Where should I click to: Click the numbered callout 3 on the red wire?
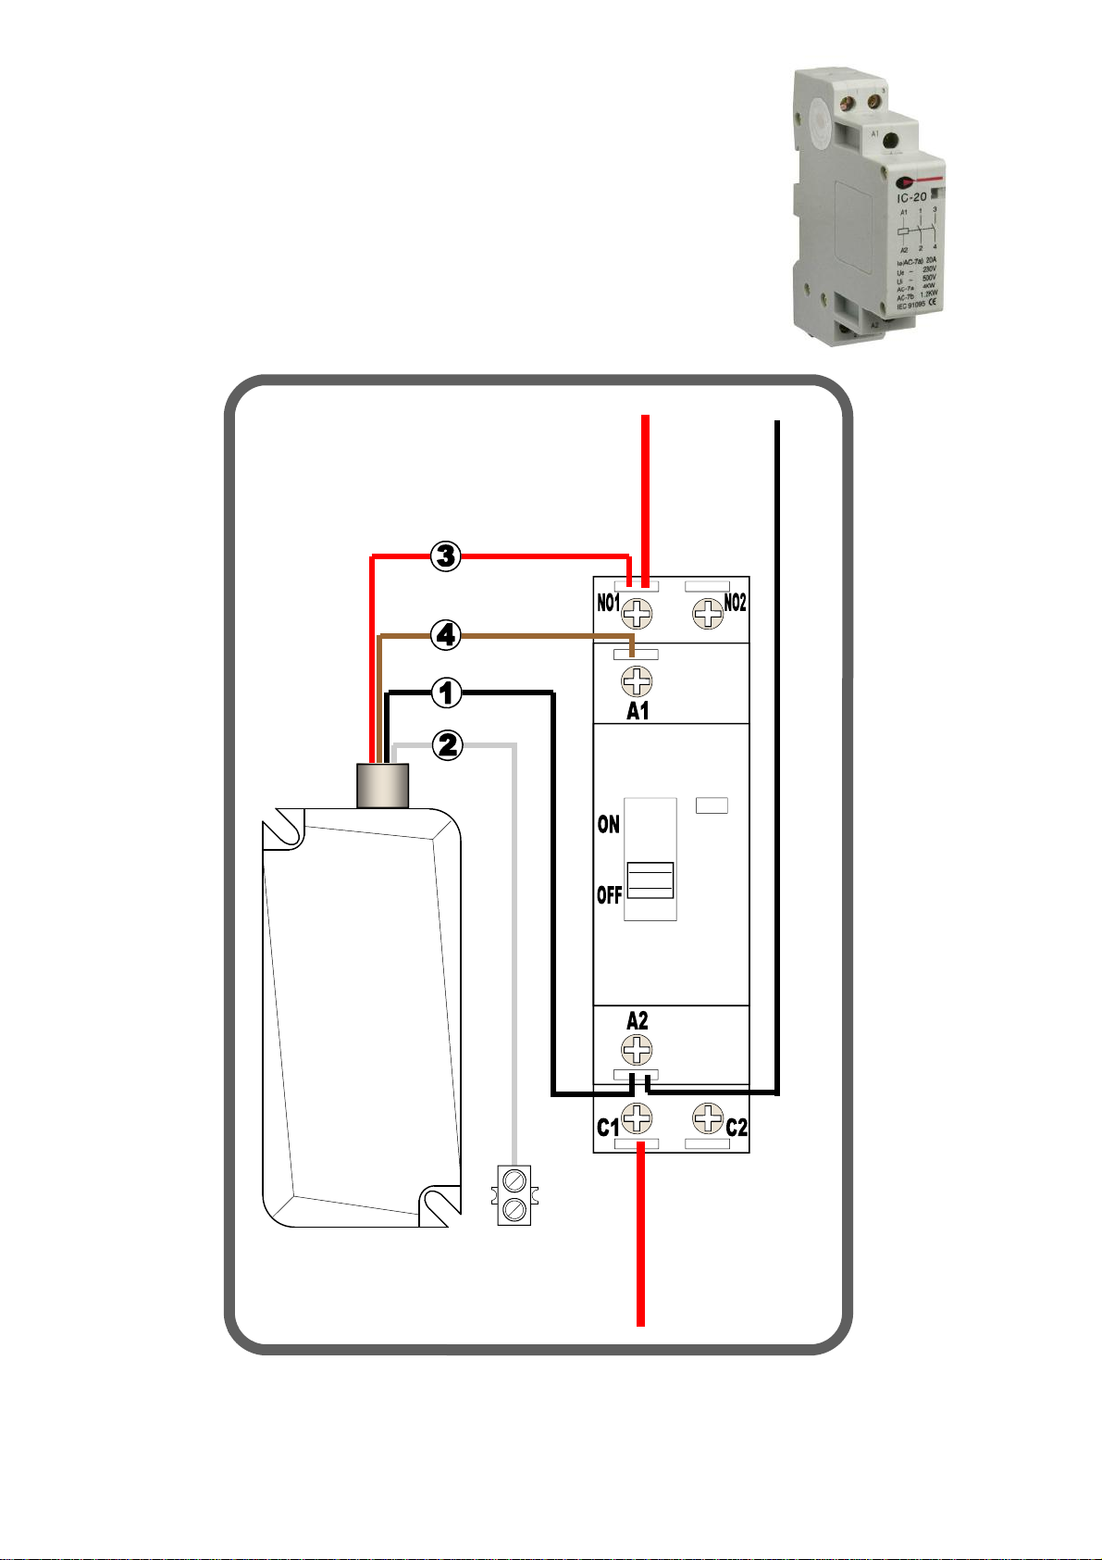pos(446,556)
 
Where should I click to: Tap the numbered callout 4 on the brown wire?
pos(446,636)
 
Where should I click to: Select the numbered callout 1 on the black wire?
pos(446,692)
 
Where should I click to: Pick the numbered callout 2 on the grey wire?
pos(447,744)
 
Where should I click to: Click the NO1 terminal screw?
pos(637,613)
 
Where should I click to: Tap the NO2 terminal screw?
pos(708,613)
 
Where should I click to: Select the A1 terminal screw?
pos(637,682)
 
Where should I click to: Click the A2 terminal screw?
pos(637,1050)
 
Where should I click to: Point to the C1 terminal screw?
pos(637,1118)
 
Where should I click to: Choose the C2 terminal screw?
pos(708,1118)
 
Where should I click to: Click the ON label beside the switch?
pos(608,824)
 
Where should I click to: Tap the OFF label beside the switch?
pos(609,895)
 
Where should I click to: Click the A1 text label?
pos(638,711)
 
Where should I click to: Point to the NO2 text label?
pos(735,604)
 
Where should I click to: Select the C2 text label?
pos(737,1128)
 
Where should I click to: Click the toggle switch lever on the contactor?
pos(650,880)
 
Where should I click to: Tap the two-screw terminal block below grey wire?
pos(514,1194)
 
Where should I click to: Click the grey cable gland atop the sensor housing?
pos(383,785)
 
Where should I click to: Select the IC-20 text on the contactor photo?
pos(912,197)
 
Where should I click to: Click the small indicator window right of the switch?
pos(712,805)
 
